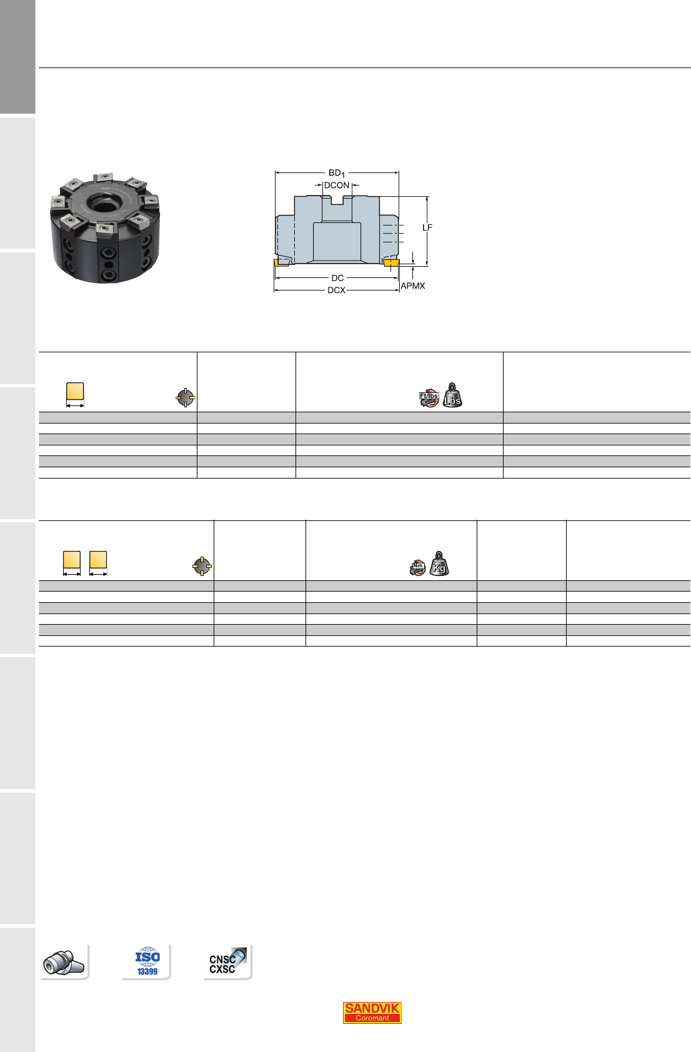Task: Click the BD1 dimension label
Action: [336, 173]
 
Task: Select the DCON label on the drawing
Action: [337, 186]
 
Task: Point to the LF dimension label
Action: [427, 228]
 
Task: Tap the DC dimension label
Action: [337, 278]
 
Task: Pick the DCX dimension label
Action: [336, 290]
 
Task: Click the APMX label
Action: [413, 286]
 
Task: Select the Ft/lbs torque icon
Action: [429, 399]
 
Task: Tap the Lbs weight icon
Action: [452, 395]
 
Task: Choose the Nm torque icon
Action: [417, 567]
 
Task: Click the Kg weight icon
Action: [439, 563]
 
